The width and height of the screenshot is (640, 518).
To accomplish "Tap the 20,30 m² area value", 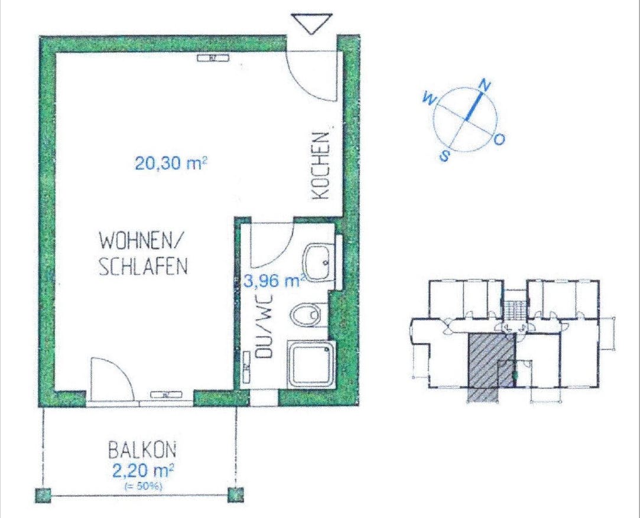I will click(x=171, y=163).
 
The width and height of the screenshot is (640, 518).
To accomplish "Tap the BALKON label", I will click(x=142, y=451).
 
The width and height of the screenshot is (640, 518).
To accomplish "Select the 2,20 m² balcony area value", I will click(x=142, y=471).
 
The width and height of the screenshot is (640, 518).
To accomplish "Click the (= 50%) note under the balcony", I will click(x=142, y=486).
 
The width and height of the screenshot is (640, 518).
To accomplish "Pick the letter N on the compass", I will click(x=485, y=85).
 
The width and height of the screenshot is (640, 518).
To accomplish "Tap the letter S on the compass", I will click(x=444, y=156).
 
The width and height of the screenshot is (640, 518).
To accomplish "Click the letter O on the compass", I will click(x=499, y=140).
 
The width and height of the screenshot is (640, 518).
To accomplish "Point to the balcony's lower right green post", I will click(x=236, y=494).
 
